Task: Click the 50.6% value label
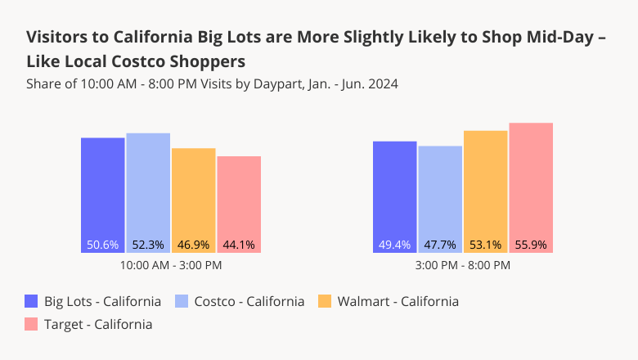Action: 103,245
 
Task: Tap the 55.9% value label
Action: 531,245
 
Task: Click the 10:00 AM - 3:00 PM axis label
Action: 171,265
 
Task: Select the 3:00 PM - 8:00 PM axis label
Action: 463,265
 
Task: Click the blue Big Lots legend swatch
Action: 32,301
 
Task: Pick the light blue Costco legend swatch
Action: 182,301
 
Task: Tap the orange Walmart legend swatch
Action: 324,301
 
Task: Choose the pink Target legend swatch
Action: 32,324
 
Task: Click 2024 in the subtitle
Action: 382,84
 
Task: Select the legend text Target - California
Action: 98,324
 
